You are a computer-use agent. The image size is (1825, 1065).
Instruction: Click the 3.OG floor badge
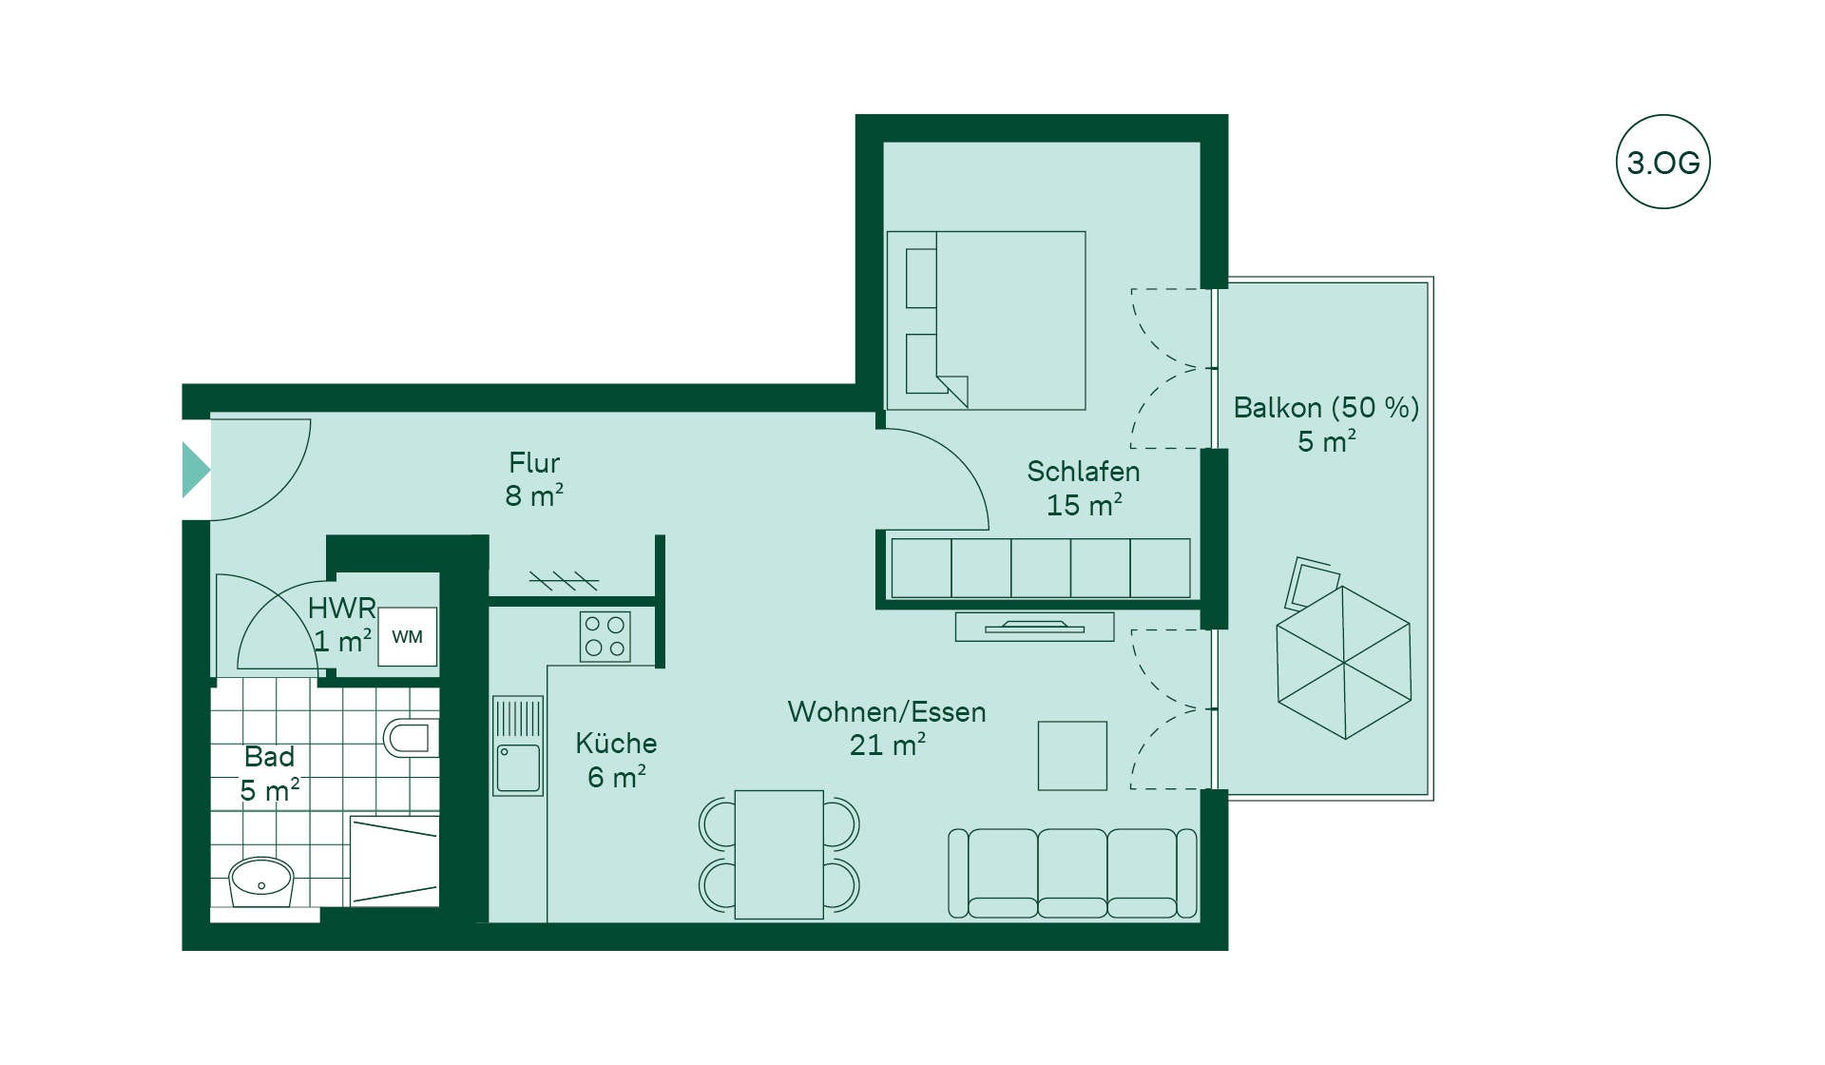[1662, 162]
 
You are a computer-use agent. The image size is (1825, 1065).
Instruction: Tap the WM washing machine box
[408, 636]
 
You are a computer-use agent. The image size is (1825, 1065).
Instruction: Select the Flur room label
[534, 463]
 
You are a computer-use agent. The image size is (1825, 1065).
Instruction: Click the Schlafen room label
[1084, 472]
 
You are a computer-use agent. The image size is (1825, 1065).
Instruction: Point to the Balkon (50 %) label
[1326, 408]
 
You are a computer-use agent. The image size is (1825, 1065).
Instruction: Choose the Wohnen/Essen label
[887, 712]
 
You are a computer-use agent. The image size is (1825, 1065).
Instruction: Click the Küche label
[616, 743]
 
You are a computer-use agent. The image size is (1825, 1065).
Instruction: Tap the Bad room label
[269, 757]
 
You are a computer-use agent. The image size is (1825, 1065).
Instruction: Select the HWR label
[341, 608]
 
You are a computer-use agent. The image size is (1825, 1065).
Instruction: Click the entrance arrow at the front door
[195, 470]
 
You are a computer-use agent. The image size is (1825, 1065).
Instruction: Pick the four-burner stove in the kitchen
[605, 636]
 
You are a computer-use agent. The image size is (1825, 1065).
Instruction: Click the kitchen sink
[518, 745]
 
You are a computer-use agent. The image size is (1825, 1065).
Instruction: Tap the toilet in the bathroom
[411, 737]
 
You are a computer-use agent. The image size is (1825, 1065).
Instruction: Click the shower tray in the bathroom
[394, 861]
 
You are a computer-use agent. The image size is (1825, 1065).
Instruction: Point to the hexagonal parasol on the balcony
[1344, 663]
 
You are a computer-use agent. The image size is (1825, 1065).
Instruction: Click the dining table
[778, 854]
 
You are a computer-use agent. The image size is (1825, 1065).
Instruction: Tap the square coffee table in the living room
[1072, 756]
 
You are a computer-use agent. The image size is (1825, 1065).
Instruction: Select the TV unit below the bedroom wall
[1034, 627]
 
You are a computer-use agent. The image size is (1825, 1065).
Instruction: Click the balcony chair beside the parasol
[1311, 582]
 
